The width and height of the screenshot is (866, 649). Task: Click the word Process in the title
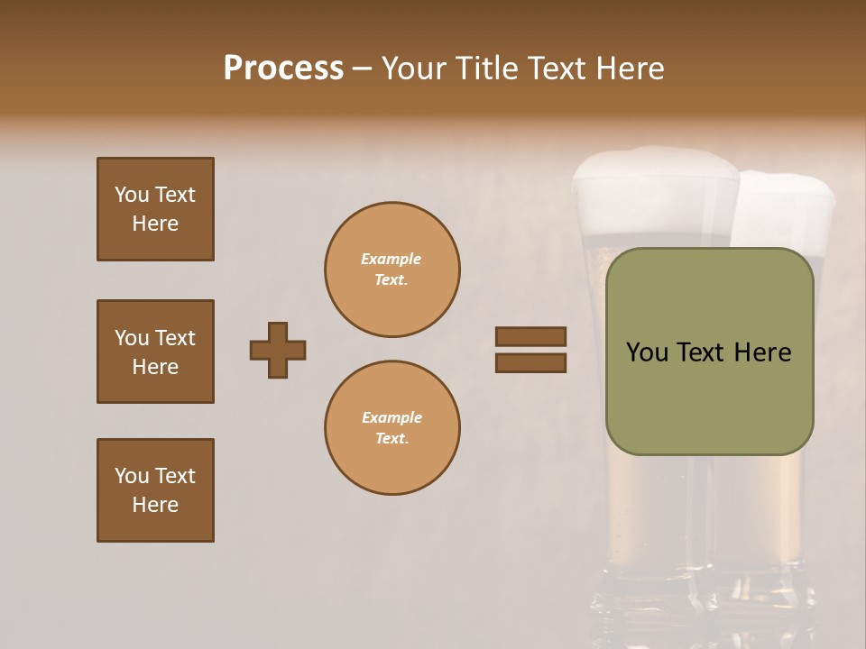pyautogui.click(x=283, y=69)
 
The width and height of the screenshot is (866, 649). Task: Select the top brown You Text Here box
pyautogui.click(x=155, y=209)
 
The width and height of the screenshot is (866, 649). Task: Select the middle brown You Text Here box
pyautogui.click(x=155, y=352)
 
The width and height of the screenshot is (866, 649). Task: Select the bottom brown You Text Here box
pyautogui.click(x=155, y=490)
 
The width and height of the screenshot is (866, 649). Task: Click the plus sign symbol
pyautogui.click(x=278, y=350)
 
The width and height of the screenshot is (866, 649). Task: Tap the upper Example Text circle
pyautogui.click(x=392, y=270)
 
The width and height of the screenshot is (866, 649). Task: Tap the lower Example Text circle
pyautogui.click(x=392, y=428)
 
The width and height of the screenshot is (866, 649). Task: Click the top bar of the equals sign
pyautogui.click(x=530, y=337)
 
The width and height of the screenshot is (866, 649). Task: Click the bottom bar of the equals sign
pyautogui.click(x=530, y=362)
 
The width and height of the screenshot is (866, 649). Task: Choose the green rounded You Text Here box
pyautogui.click(x=709, y=352)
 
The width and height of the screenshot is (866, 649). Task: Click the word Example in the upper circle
pyautogui.click(x=391, y=259)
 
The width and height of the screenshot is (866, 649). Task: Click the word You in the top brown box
pyautogui.click(x=132, y=195)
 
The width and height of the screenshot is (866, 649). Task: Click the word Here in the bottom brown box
pyautogui.click(x=155, y=505)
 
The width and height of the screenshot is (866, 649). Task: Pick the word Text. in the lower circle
pyautogui.click(x=392, y=439)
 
